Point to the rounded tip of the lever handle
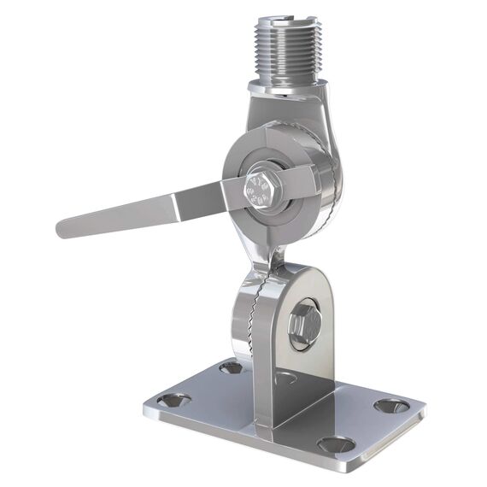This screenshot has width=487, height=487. pyautogui.click(x=65, y=228)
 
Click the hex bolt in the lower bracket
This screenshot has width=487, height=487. pyautogui.click(x=304, y=324)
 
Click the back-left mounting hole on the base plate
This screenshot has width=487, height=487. pyautogui.click(x=231, y=367)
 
